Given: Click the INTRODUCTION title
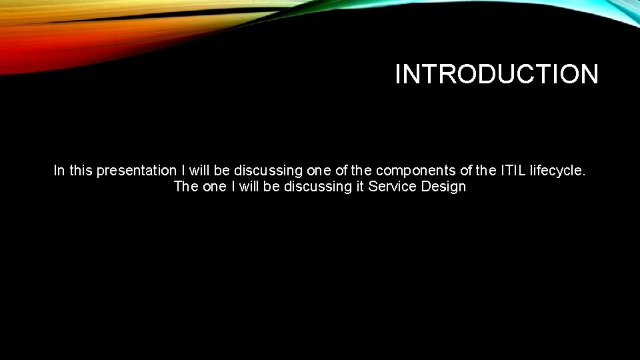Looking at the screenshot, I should coord(497,74).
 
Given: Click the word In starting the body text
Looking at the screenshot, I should coord(59,171).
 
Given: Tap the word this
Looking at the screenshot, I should coord(81,171).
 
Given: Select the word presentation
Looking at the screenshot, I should coord(137,171).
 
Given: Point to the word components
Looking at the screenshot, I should coord(416,171).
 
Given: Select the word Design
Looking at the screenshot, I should coord(443,187).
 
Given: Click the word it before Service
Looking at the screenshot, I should coord(360,187).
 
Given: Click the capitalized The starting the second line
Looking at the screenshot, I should coord(185,187).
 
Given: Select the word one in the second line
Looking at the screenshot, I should coord(215,187).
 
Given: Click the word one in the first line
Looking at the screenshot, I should coord(320,171).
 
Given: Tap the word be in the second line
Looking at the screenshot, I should coord(272,187).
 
